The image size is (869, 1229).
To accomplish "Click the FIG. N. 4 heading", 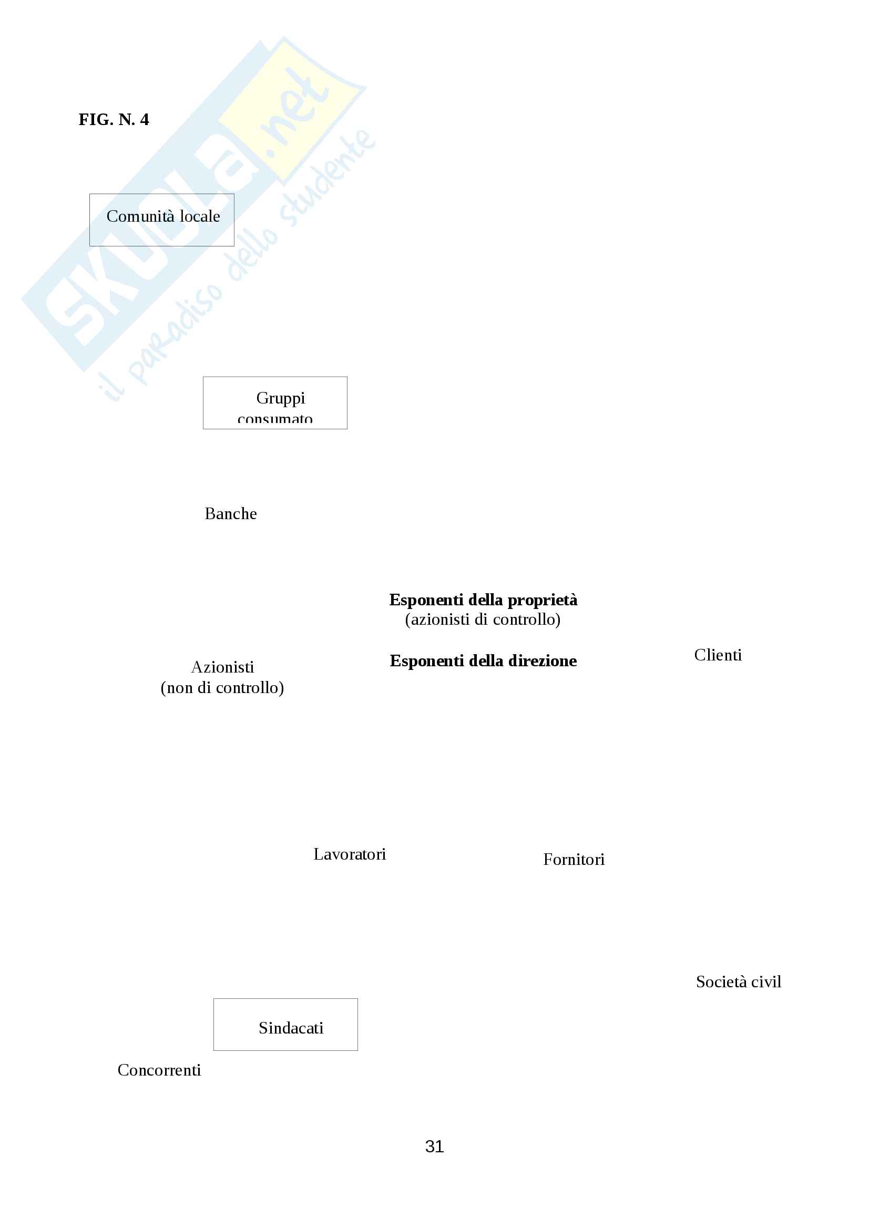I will coord(114,119).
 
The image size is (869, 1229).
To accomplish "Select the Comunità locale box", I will coord(162,220).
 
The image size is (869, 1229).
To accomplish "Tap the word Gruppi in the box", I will coord(280,398).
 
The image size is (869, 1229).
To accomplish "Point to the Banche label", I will coord(231,514).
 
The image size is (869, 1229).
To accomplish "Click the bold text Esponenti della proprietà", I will coord(483,600).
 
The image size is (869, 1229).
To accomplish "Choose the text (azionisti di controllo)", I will coord(483,620).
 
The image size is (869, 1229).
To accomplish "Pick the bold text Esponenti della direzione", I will coord(483,661).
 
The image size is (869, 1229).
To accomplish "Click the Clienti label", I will coord(718,655).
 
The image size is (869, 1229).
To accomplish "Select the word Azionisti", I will coord(222,667).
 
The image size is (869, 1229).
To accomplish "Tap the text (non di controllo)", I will coord(222,688).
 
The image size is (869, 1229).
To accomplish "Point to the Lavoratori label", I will coord(350,854).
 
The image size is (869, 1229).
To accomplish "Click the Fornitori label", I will coord(574,860).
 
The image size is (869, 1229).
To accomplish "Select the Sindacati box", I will coord(285,1025).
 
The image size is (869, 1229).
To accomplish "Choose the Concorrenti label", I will coord(159,1070).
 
